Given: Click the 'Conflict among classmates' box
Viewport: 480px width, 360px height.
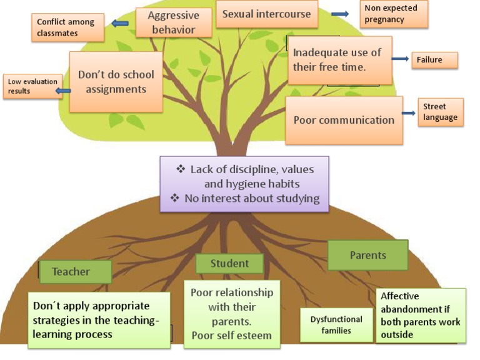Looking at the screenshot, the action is click(x=67, y=27).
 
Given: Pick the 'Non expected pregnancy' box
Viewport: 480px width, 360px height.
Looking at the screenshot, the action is click(x=394, y=14).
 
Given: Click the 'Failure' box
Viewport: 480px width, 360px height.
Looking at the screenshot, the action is click(x=434, y=60).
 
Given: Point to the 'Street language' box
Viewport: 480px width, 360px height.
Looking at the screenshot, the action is click(x=441, y=112).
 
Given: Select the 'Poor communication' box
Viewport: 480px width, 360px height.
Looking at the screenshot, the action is click(x=344, y=120).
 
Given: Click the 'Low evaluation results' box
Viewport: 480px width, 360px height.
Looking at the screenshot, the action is click(x=32, y=86).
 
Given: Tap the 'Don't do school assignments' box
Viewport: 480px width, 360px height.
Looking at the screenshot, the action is click(x=116, y=82).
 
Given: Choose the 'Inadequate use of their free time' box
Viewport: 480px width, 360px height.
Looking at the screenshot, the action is click(x=339, y=59).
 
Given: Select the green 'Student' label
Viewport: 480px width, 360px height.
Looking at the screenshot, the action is click(x=229, y=264).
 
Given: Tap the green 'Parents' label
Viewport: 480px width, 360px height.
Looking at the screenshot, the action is click(x=367, y=255).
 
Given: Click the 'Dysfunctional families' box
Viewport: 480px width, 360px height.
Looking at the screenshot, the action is click(x=336, y=324).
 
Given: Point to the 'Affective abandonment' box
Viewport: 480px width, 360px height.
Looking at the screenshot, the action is click(x=421, y=316).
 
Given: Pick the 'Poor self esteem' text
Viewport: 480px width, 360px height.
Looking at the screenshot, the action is click(x=231, y=336).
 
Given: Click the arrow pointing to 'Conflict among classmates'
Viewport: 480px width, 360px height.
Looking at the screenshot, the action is click(x=119, y=24).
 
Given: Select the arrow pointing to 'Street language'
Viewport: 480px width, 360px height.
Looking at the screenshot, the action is click(x=409, y=113).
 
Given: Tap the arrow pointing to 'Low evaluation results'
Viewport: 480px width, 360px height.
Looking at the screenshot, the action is click(x=62, y=91).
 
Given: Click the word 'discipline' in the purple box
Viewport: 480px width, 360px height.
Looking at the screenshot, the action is click(x=256, y=170).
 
